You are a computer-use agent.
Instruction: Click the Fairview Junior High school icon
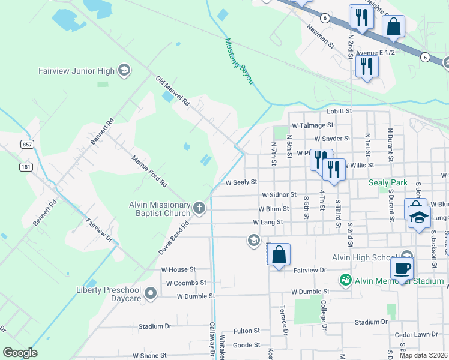tap(124, 71)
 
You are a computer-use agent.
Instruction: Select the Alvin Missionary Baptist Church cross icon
tap(200, 209)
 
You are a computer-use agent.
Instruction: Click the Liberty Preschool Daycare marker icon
tap(150, 294)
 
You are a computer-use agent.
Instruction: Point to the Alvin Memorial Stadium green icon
tap(345, 280)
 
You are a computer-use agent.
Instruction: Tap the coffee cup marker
tap(402, 268)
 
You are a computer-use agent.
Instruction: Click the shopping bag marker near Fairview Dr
tap(279, 255)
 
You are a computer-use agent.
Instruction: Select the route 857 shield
tap(26, 145)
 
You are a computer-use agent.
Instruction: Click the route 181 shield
tap(26, 166)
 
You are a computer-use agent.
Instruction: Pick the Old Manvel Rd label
tap(172, 92)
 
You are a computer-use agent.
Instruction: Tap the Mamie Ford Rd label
tap(149, 171)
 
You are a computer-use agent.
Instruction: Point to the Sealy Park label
tap(388, 182)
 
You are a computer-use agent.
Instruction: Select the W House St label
tap(178, 270)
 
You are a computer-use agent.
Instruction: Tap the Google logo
tap(20, 352)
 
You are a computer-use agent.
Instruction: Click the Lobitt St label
tap(338, 111)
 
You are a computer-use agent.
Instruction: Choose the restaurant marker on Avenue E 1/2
tap(367, 65)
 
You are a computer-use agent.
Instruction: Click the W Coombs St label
tap(186, 283)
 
